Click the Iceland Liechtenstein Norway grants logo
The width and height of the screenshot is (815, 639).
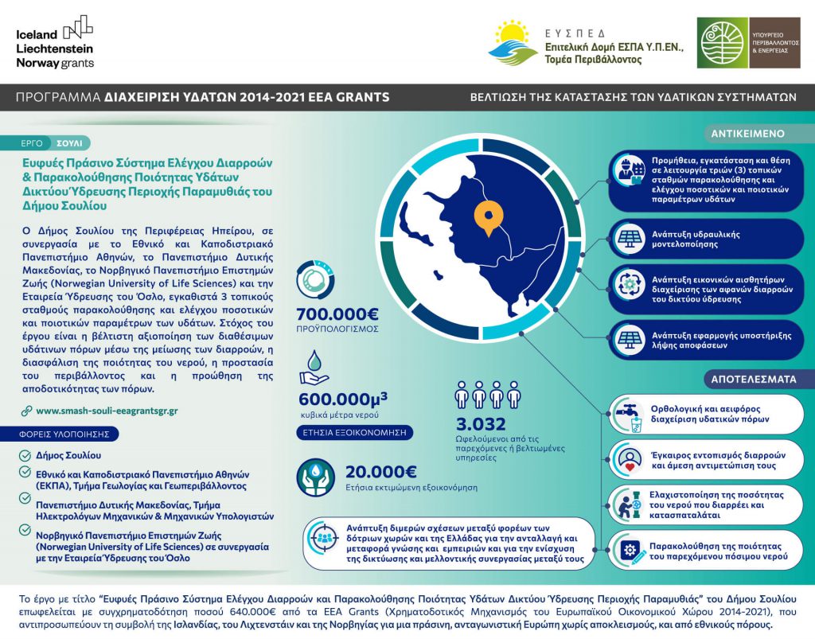pyautogui.click(x=55, y=41)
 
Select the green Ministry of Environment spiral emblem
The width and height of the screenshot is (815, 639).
pyautogui.click(x=723, y=44)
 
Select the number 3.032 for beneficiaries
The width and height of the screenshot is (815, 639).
pyautogui.click(x=480, y=423)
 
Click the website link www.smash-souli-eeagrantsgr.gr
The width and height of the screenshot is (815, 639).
pyautogui.click(x=107, y=411)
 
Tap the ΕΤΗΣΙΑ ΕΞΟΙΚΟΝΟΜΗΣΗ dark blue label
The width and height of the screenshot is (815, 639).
pyautogui.click(x=353, y=433)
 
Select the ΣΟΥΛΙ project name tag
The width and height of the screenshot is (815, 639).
pyautogui.click(x=69, y=143)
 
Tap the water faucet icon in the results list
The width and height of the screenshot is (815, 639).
pyautogui.click(x=628, y=415)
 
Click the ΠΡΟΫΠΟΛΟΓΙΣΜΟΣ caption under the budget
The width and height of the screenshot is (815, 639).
pyautogui.click(x=337, y=329)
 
